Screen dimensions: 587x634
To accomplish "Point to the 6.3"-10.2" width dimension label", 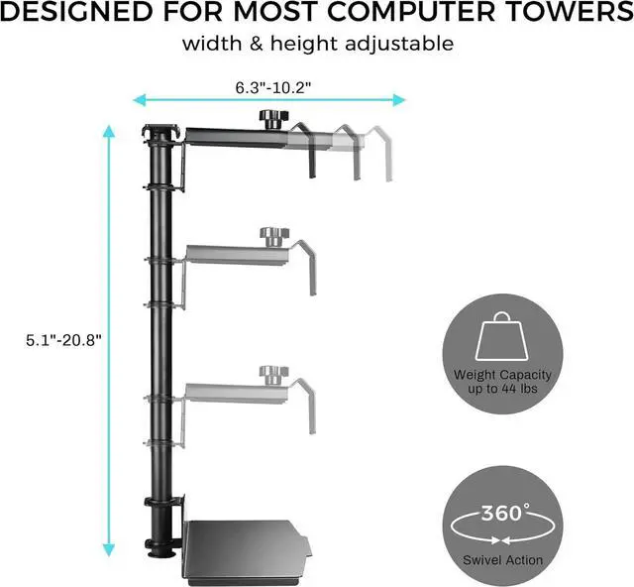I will pyautogui.click(x=273, y=86).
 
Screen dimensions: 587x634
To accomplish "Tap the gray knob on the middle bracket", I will pyautogui.click(x=269, y=236).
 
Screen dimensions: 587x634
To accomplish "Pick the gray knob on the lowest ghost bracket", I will pyautogui.click(x=269, y=374).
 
